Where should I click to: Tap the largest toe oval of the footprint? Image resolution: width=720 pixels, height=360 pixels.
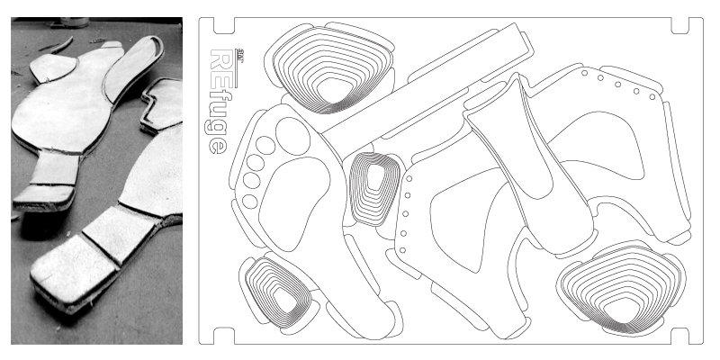coord(292,136)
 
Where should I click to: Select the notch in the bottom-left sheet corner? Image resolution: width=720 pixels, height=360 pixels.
coord(217,334)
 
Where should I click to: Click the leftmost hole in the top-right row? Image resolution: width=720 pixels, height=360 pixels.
coord(585,73)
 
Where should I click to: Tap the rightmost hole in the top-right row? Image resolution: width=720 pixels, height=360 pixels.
coord(652,95)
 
